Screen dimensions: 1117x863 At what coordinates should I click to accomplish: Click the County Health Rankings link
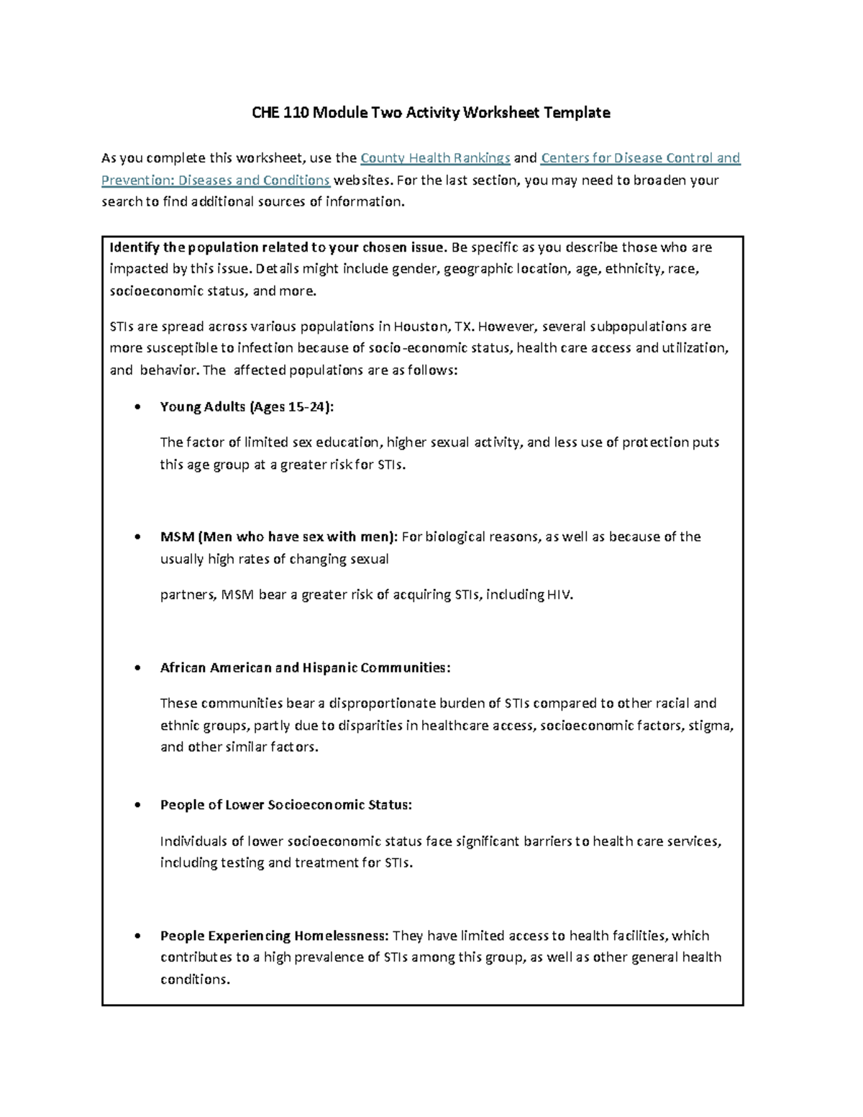[x=435, y=158]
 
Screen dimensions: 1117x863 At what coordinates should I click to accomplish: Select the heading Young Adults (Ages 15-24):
[x=247, y=407]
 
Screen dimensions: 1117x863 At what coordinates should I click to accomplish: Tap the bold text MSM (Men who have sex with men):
[x=278, y=537]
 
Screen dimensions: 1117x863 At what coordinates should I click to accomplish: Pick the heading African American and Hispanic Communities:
[x=305, y=667]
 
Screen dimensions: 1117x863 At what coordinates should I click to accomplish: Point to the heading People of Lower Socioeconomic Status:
[x=286, y=805]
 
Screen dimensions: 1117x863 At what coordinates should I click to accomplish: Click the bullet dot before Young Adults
[x=137, y=408]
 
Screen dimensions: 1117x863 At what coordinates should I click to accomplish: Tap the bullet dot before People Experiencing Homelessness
[x=137, y=936]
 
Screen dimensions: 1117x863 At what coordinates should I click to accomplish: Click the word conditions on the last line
[x=195, y=979]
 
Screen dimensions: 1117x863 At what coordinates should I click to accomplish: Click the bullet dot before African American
[x=137, y=668]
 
